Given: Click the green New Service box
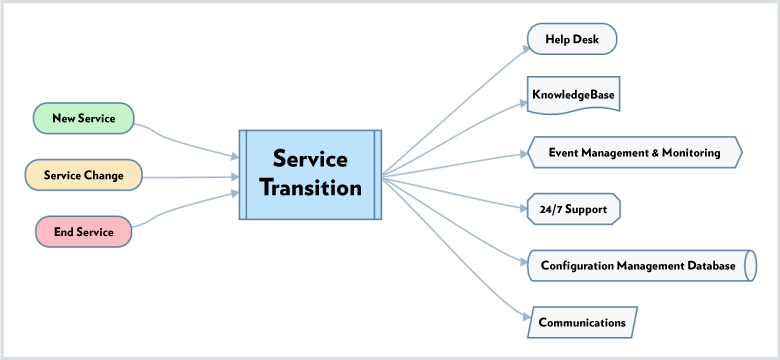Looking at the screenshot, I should click(83, 118).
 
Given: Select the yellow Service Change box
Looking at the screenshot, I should click(83, 175).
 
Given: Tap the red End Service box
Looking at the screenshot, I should click(83, 232).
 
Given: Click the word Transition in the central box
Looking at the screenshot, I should click(310, 188).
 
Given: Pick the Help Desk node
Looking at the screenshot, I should click(572, 39).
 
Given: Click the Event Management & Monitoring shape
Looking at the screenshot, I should click(634, 153).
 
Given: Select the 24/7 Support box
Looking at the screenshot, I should click(574, 209).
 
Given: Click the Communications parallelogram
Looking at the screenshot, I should click(582, 322).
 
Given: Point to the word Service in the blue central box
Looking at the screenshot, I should click(310, 159).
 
